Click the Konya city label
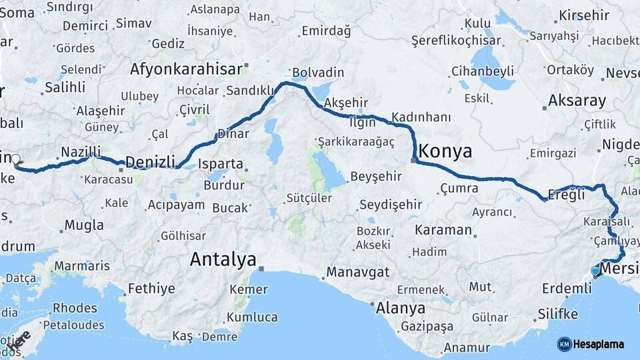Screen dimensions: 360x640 point(447,149)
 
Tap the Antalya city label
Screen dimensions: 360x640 point(223,259)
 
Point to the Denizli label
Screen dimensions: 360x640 point(150,161)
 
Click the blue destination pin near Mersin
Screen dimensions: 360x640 point(595,271)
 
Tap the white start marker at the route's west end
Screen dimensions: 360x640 point(16,159)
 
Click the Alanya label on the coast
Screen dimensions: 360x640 point(400,308)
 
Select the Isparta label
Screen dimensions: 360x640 point(221,163)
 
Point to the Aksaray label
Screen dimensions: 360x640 point(577,101)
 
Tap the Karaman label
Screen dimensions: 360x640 point(443,230)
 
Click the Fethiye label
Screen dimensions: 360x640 point(151,289)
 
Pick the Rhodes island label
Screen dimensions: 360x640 point(75,308)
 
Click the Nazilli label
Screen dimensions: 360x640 point(80,151)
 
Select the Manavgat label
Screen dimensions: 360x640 point(357,272)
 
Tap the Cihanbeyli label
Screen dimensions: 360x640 point(482,71)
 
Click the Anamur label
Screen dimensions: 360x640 point(467,347)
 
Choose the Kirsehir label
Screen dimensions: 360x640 point(584,15)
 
